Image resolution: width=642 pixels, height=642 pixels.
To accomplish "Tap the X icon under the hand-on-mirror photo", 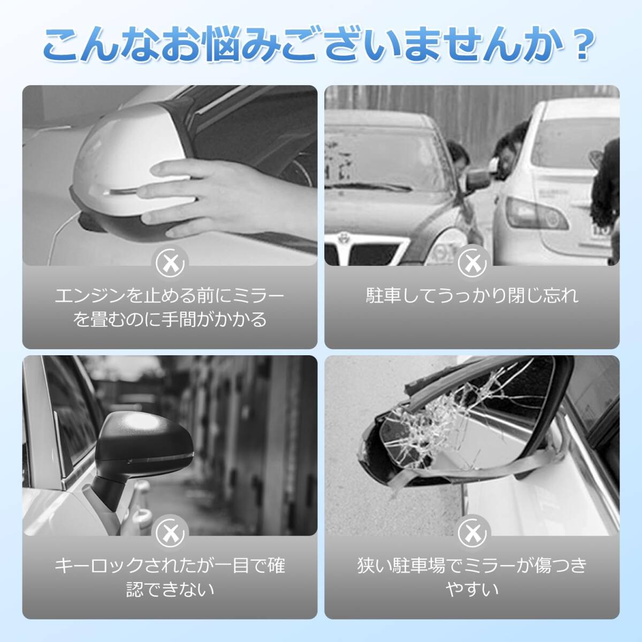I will click(170, 263).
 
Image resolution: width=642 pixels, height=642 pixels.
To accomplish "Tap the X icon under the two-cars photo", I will click(472, 263).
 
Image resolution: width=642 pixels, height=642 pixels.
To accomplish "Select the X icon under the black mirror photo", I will click(170, 533).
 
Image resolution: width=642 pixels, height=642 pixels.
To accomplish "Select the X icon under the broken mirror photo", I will click(472, 533).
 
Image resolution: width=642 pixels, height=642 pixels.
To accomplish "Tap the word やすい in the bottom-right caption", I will click(472, 589).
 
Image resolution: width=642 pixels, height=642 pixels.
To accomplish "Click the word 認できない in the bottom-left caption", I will click(170, 589).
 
